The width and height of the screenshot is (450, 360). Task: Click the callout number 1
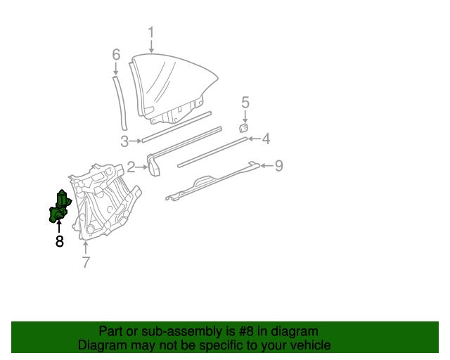click(151, 32)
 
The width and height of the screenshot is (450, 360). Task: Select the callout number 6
click(117, 54)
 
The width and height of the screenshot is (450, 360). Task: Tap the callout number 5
click(245, 103)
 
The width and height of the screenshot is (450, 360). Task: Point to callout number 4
click(266, 139)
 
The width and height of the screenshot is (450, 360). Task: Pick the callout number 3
click(124, 142)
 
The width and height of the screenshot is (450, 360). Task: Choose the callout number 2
click(131, 167)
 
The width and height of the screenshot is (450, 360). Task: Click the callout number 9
click(278, 166)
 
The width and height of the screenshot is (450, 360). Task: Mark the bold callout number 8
click(59, 241)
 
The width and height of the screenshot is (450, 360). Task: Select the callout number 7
click(86, 262)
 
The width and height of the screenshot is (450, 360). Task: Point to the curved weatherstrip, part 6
click(120, 102)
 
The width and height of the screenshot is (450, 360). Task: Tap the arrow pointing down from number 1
click(151, 46)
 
